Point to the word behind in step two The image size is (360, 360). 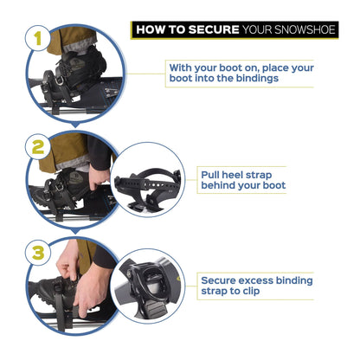click(219, 185)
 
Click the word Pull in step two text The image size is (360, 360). click(211, 173)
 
